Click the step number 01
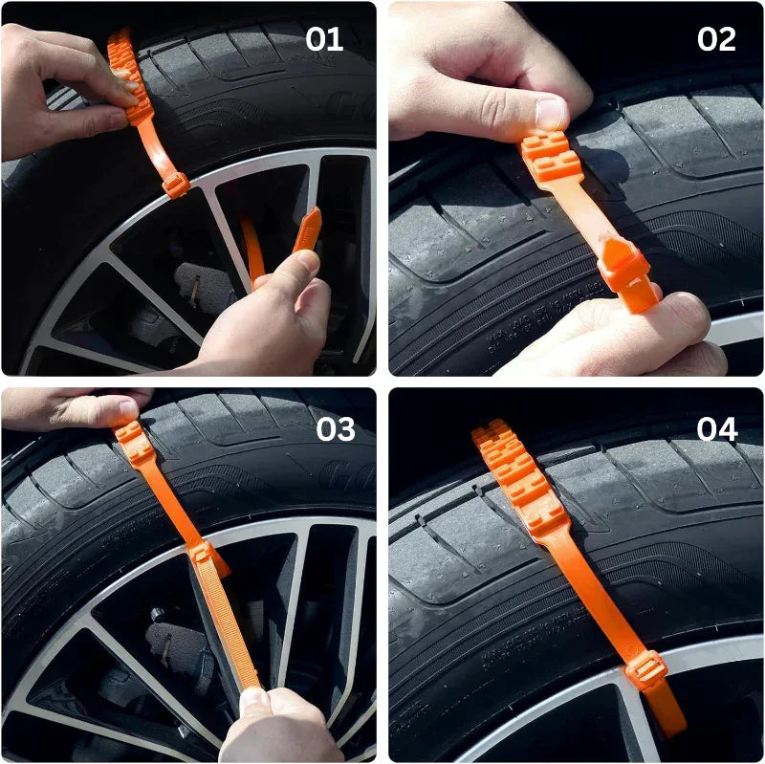coord(324,39)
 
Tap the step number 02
coord(716,39)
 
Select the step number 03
coord(335,429)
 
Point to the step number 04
coord(717,429)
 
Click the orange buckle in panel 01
coord(175,184)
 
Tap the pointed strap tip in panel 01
coord(308,230)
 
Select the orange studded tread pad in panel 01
coord(129,76)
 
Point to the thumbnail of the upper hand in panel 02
coord(550,114)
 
